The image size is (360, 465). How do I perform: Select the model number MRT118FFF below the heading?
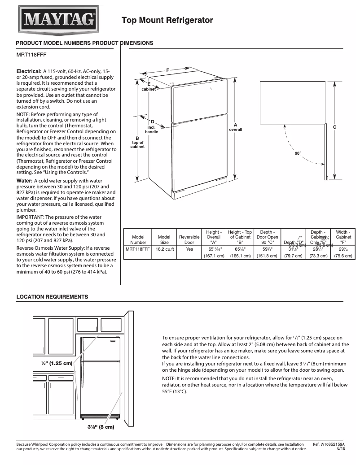coord(31,55)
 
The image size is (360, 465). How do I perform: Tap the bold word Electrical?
coord(29,71)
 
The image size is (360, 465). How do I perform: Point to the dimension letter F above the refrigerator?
coord(167,70)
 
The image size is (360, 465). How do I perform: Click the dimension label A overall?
coord(236,127)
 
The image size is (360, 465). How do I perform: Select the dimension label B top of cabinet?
coord(137,142)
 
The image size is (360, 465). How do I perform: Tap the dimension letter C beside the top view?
coord(334,127)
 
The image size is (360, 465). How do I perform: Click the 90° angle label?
coord(298,153)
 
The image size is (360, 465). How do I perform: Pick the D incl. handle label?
coord(152,127)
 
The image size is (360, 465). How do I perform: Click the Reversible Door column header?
coord(189,239)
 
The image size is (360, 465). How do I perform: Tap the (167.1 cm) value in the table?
coord(214,256)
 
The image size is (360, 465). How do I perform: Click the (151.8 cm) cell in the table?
coord(267,256)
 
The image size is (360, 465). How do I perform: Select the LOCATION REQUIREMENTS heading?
coord(52,297)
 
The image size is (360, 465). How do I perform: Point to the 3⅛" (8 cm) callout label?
coord(101,426)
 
